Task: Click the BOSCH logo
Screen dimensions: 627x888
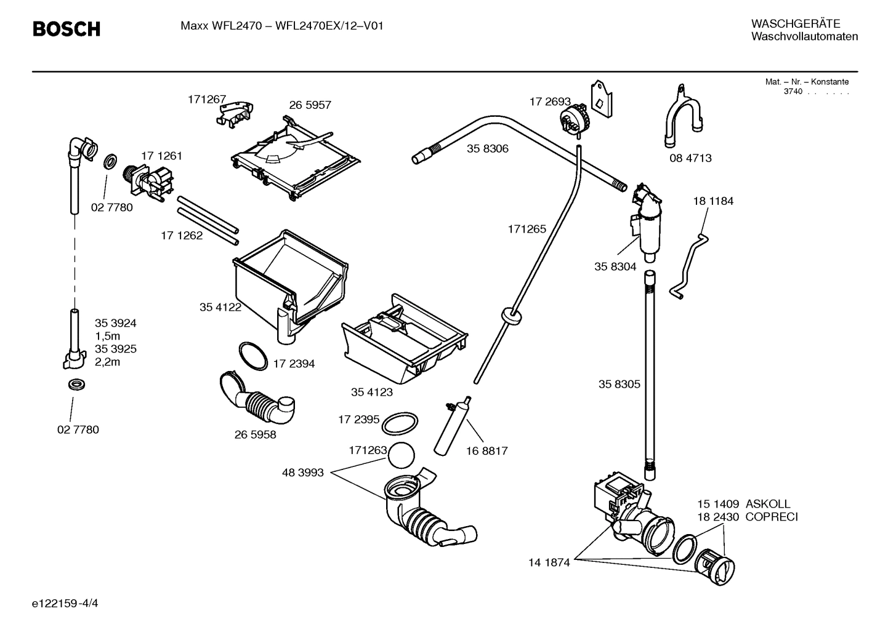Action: coord(66,29)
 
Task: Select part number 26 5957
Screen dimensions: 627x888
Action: coord(310,105)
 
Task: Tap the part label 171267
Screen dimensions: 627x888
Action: coord(207,99)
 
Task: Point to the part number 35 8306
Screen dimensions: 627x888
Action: coord(487,149)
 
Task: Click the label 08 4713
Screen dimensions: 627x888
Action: coord(690,158)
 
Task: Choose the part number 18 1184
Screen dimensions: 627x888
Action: coord(713,201)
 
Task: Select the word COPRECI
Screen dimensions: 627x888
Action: coord(771,517)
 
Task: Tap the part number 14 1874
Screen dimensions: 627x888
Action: coord(549,562)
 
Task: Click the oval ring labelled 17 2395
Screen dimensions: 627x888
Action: coord(398,424)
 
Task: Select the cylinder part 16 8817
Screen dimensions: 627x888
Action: coord(453,426)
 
